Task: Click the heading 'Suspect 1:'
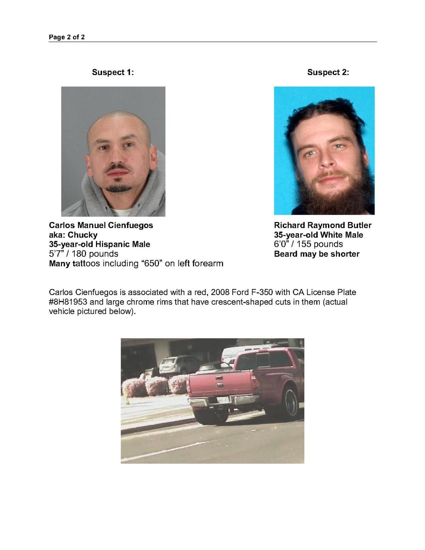113,72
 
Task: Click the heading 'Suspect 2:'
328,72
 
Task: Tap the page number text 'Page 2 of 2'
67,37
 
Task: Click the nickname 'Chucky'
83,235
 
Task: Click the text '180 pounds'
95,254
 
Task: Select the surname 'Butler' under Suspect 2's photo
359,225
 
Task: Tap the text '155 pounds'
320,244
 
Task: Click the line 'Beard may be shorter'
317,254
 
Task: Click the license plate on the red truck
223,400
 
